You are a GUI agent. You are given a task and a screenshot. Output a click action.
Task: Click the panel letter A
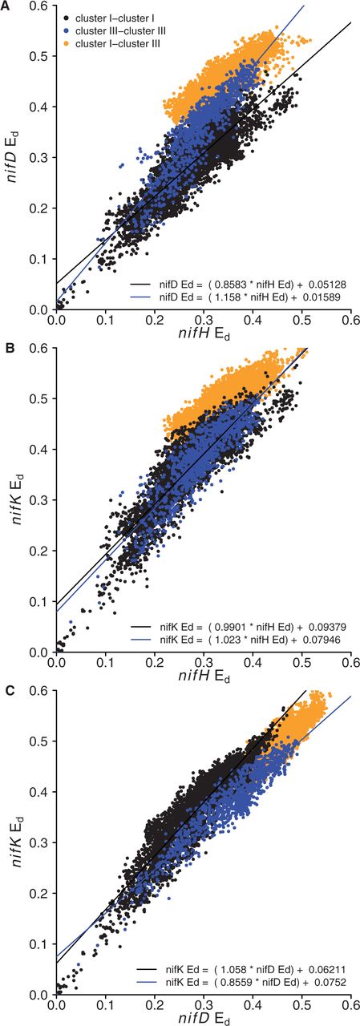click(x=6, y=6)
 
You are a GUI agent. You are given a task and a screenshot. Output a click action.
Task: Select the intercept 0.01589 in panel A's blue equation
click(x=331, y=297)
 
